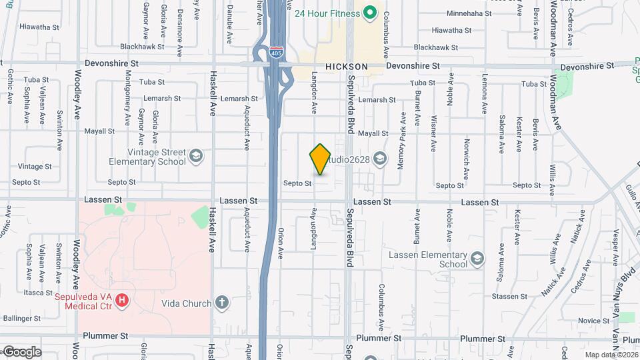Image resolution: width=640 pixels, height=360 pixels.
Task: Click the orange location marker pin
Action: [321, 159]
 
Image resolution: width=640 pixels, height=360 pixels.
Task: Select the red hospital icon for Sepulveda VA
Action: [121, 301]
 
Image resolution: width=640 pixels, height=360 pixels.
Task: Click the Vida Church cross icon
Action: [223, 303]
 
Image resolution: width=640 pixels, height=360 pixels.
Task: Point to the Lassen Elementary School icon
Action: [477, 259]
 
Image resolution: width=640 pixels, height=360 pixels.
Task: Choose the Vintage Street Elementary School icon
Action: [195, 157]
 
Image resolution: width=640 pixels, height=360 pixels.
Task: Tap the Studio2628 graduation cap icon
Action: [380, 157]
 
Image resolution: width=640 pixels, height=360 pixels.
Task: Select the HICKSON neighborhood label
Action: [347, 67]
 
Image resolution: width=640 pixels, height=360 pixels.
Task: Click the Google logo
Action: [21, 352]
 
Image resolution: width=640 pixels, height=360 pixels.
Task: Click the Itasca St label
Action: [38, 292]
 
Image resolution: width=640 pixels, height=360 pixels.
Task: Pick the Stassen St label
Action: [509, 296]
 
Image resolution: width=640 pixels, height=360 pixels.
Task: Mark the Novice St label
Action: [589, 321]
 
